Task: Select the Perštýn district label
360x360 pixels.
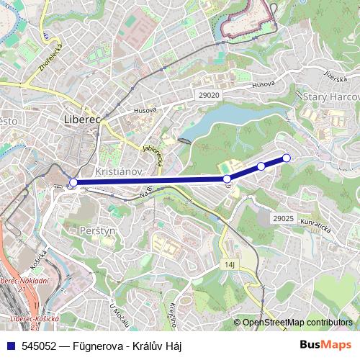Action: click(98, 230)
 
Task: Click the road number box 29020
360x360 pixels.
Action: click(209, 95)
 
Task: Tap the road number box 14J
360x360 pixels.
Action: click(230, 265)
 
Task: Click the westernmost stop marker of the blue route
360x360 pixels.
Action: click(73, 183)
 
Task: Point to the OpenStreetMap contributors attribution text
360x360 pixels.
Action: click(297, 323)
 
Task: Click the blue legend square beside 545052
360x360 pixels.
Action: click(9, 346)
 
